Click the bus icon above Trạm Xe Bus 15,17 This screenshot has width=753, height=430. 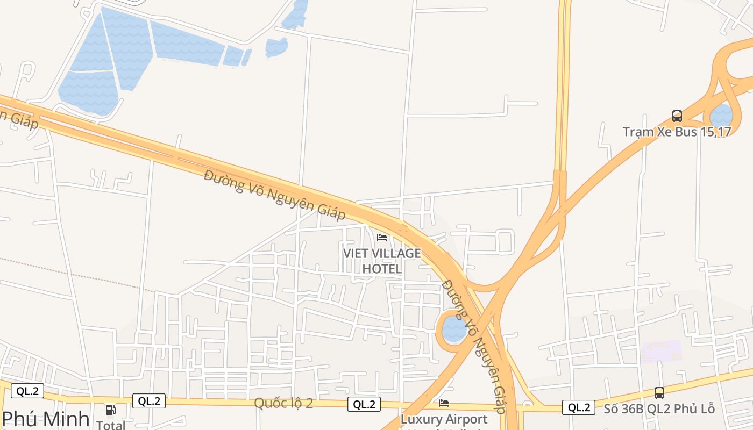(677, 116)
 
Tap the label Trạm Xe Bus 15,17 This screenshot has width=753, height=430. (677, 132)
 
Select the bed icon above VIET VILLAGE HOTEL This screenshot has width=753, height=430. (382, 237)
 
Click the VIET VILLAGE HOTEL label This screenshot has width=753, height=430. (382, 261)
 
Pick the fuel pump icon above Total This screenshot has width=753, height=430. (110, 410)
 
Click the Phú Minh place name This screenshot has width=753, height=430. (46, 419)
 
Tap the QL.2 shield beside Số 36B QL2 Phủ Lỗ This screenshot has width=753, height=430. (579, 407)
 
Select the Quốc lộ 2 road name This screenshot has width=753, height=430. (283, 403)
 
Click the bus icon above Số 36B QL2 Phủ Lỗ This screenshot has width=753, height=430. (659, 393)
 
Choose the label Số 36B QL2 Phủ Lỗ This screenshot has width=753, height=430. (659, 408)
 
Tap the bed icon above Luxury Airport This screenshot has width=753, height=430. (444, 403)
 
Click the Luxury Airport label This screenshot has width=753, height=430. (444, 419)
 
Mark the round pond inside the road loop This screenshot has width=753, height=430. (454, 329)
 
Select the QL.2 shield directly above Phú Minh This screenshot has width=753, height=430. (27, 391)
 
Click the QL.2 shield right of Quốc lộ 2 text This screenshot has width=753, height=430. (364, 404)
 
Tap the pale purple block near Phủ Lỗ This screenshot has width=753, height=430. (661, 352)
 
